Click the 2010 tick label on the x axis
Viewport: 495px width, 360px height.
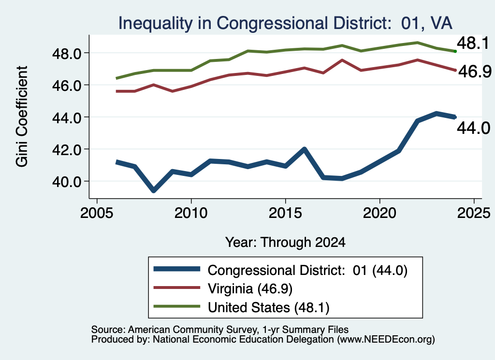(x=190, y=213)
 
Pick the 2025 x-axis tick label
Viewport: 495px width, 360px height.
(x=474, y=213)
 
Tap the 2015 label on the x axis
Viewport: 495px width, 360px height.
(x=285, y=213)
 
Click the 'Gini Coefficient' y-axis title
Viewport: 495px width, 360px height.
(x=22, y=116)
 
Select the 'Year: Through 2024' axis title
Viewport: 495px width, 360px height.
(x=285, y=242)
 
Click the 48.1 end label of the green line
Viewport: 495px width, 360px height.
(x=473, y=43)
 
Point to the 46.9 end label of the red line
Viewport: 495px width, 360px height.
(x=475, y=72)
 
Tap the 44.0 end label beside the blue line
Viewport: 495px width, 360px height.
(x=474, y=128)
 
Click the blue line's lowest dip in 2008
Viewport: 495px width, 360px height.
(x=154, y=190)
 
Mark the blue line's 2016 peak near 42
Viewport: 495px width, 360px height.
(x=305, y=149)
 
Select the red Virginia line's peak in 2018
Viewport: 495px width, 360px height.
(x=342, y=59)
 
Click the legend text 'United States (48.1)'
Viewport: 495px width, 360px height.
(x=268, y=307)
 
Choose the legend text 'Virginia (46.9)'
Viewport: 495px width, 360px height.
(x=250, y=288)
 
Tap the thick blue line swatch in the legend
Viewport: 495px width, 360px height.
(x=177, y=269)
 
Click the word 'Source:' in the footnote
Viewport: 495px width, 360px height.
(x=109, y=330)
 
